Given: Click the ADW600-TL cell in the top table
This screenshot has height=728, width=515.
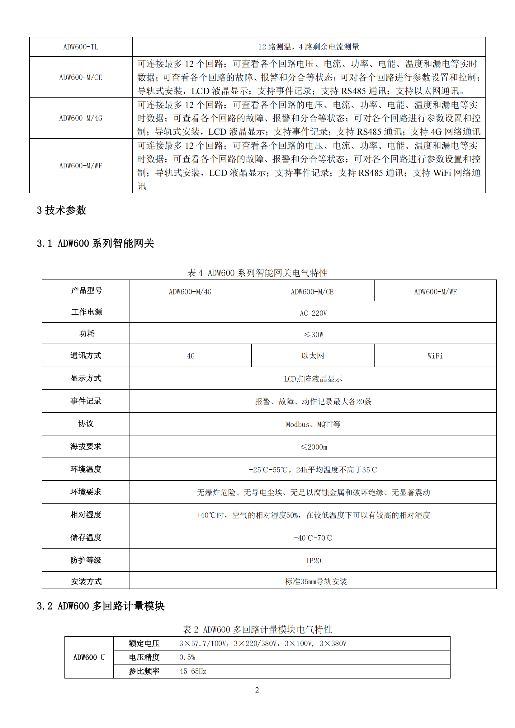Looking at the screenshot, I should click(x=81, y=47).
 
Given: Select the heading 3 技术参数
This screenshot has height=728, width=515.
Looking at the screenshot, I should click(x=62, y=210).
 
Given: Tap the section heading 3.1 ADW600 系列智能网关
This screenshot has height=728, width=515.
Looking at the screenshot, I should click(x=96, y=243).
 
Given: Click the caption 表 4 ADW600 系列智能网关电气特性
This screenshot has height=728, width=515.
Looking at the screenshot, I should click(x=257, y=273).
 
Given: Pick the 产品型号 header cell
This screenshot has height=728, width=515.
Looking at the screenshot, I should click(x=86, y=290).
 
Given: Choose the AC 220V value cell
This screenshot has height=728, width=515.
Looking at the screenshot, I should click(x=313, y=313).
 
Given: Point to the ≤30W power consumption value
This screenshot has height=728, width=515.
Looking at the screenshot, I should click(x=313, y=335).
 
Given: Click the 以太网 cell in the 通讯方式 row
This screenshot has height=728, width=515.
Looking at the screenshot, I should click(x=313, y=356).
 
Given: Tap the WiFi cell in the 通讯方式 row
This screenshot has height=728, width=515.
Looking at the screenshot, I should click(x=435, y=356).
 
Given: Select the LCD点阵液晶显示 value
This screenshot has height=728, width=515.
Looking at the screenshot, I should click(x=313, y=379).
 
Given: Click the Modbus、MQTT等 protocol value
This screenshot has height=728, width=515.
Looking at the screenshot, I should click(x=313, y=424).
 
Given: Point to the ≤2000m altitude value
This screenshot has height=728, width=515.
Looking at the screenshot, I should click(x=313, y=447).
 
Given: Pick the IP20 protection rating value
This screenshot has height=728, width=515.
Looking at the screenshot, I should click(x=313, y=561).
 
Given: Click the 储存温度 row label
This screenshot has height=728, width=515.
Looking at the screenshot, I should click(x=86, y=538).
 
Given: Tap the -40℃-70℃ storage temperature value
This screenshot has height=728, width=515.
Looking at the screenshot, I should click(x=313, y=538).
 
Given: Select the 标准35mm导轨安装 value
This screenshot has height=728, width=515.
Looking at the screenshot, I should click(x=316, y=581).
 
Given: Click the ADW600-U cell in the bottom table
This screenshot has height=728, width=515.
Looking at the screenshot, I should click(x=89, y=657).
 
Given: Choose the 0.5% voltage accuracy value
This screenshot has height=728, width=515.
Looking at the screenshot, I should click(x=187, y=657).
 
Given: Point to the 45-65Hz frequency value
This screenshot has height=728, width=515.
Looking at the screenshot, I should click(x=193, y=671).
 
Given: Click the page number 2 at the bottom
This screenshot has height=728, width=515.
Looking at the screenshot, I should click(x=257, y=690).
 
